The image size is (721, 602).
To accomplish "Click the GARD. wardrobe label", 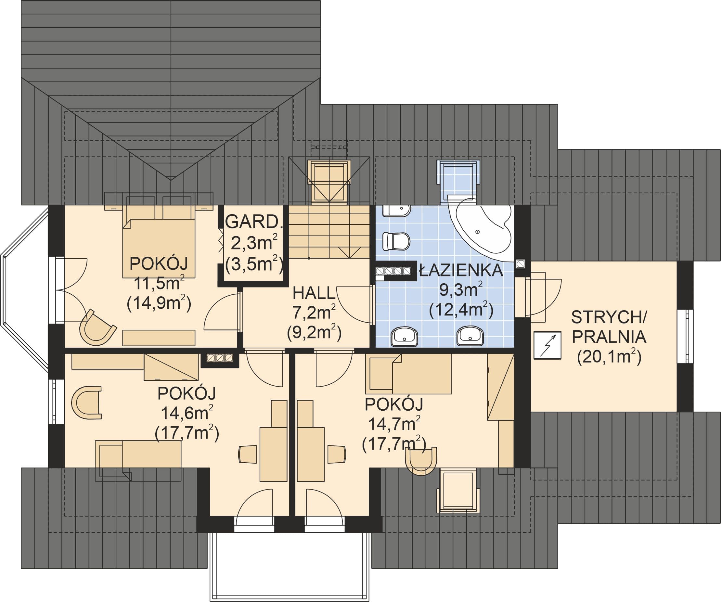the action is pos(254,222).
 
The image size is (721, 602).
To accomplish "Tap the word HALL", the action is pos(314,293).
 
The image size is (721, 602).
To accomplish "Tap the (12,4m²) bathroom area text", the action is pos(461,310).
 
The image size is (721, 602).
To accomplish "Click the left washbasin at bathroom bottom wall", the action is pos(404,336).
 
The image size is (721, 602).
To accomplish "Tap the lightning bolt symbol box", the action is pos(547,345).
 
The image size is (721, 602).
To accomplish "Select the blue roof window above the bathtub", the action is pos(458,182).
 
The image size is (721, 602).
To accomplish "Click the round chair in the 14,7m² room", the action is pos(421,461).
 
